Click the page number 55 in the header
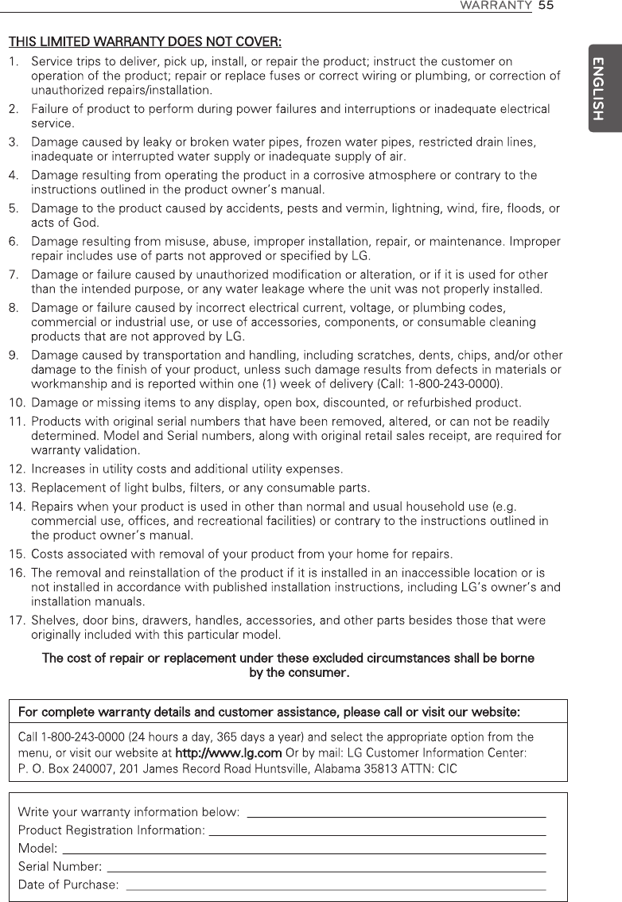pyautogui.click(x=545, y=6)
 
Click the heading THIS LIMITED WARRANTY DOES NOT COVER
pyautogui.click(x=144, y=41)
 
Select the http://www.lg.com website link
pyautogui.click(x=228, y=753)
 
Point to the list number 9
pyautogui.click(x=14, y=355)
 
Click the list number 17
pyautogui.click(x=17, y=620)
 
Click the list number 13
pyautogui.click(x=17, y=487)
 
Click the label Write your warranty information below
pyautogui.click(x=129, y=812)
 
